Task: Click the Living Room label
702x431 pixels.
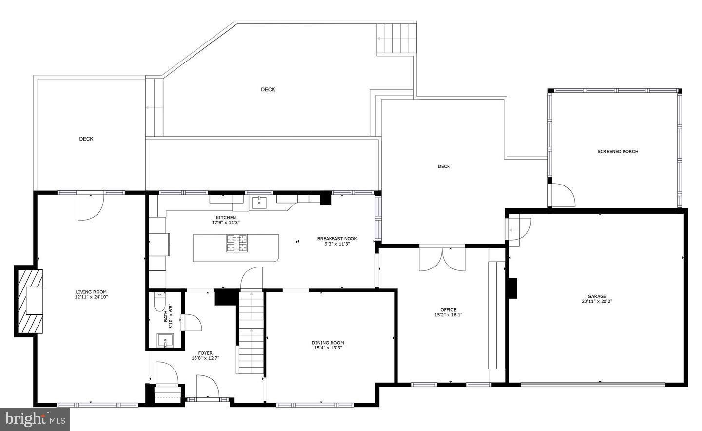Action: click(91, 292)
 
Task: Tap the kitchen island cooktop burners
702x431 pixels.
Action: click(236, 244)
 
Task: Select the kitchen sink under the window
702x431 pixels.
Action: click(259, 203)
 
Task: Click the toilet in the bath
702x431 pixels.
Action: click(159, 303)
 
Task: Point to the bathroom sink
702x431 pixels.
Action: click(165, 341)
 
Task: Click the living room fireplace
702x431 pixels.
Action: click(29, 301)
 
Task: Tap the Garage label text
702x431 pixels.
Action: click(597, 296)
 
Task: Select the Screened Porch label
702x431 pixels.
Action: click(618, 151)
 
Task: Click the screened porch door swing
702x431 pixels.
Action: click(563, 195)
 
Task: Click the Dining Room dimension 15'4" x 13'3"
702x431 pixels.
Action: click(328, 348)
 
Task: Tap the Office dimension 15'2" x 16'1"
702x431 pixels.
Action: click(448, 315)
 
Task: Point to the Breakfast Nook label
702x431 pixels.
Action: click(337, 239)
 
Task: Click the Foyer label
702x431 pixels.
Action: click(205, 353)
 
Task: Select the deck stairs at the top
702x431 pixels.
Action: click(396, 39)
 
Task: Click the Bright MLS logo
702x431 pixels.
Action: click(35, 419)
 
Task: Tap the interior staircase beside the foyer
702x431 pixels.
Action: click(252, 332)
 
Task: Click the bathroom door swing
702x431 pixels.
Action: click(192, 323)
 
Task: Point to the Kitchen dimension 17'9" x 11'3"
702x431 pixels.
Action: click(226, 223)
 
